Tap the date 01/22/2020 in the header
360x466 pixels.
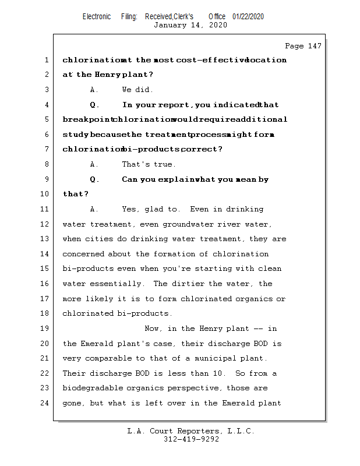click(x=248, y=17)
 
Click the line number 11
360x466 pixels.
click(x=46, y=209)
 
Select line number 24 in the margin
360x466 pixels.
click(x=46, y=403)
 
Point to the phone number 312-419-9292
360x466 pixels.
click(x=191, y=440)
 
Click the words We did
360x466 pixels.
click(x=137, y=90)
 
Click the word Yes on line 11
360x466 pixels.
click(x=130, y=209)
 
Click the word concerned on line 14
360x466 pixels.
click(x=83, y=254)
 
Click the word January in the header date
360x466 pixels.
click(x=171, y=25)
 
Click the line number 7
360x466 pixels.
click(x=46, y=149)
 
